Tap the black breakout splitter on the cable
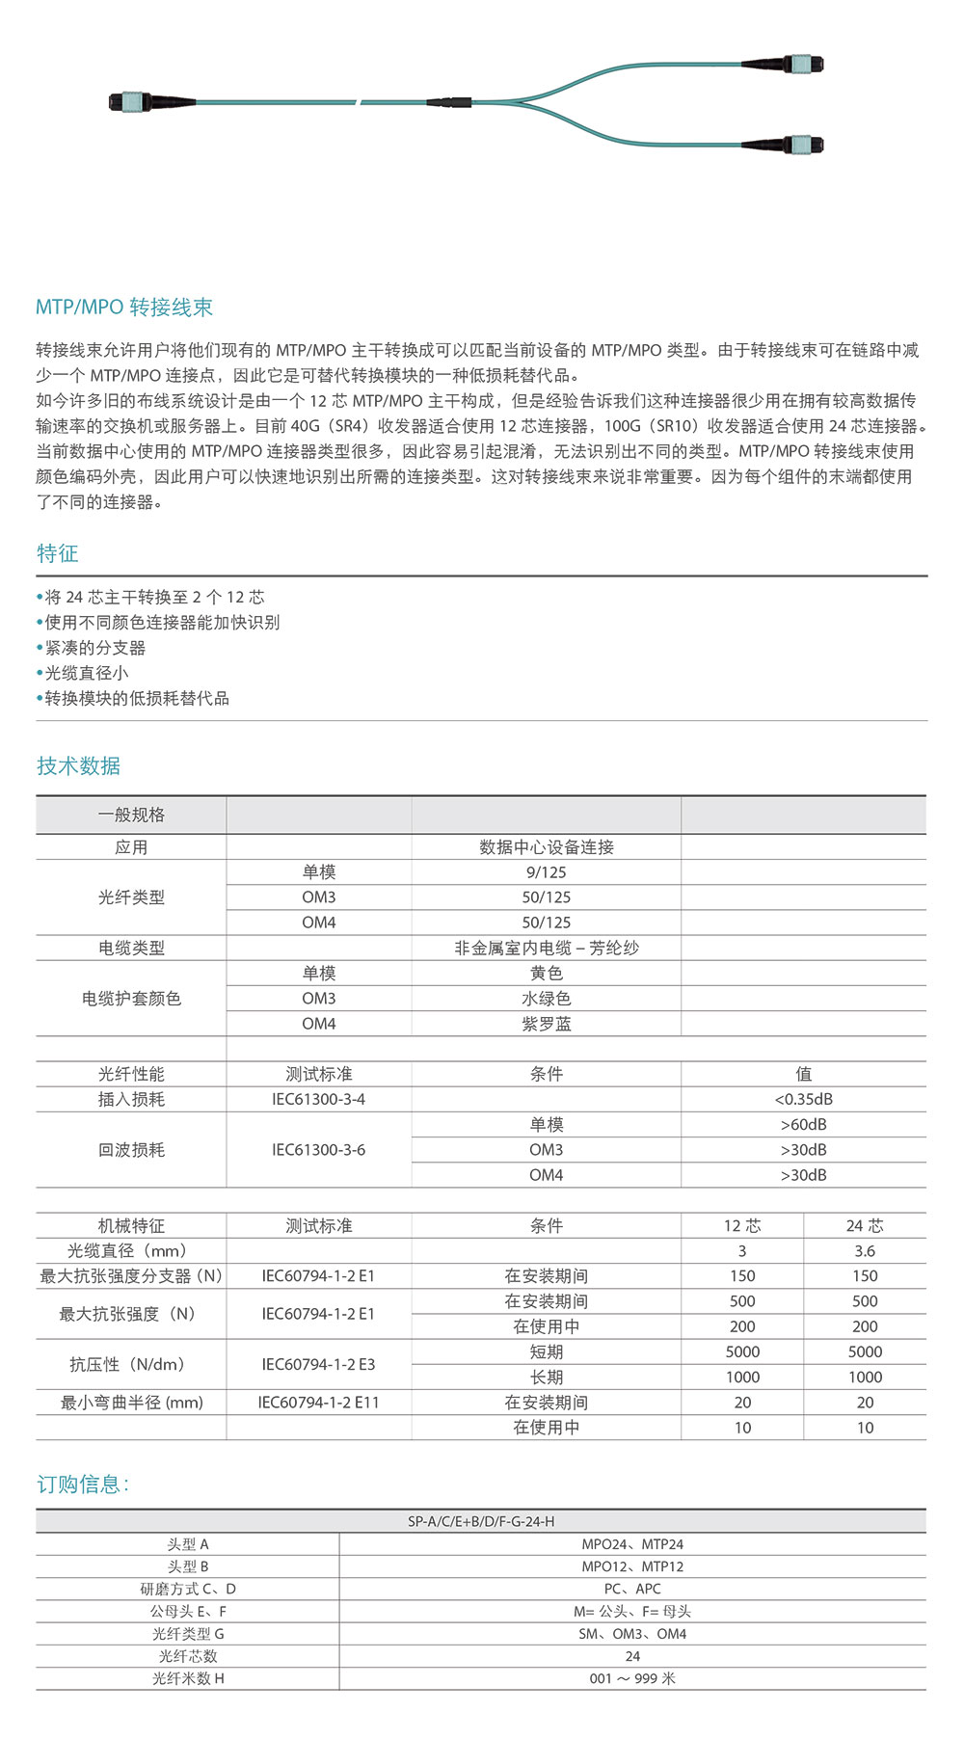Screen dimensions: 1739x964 pos(448,102)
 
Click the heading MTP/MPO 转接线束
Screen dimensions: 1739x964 pos(123,308)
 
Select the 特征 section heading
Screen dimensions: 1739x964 pos(57,553)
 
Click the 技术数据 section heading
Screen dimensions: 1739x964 pos(78,765)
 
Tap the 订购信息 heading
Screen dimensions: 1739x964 pos(82,1484)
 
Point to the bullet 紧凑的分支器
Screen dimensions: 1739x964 pos(94,648)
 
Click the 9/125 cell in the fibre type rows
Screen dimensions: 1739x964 pos(546,872)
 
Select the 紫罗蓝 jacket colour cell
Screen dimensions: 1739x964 pos(546,1024)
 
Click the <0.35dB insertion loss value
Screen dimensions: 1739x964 pos(803,1099)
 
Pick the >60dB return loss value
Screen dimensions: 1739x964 pos(803,1125)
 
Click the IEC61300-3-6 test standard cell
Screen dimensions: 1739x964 pos(318,1150)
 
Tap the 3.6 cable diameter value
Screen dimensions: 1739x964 pos(864,1251)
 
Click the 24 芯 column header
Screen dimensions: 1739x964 pos(864,1226)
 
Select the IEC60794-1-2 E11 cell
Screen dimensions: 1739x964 pos(318,1403)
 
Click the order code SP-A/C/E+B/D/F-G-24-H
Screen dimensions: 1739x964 pos(480,1521)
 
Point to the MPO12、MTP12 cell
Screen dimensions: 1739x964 pos(632,1566)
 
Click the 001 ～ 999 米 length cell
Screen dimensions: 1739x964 pos(632,1678)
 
